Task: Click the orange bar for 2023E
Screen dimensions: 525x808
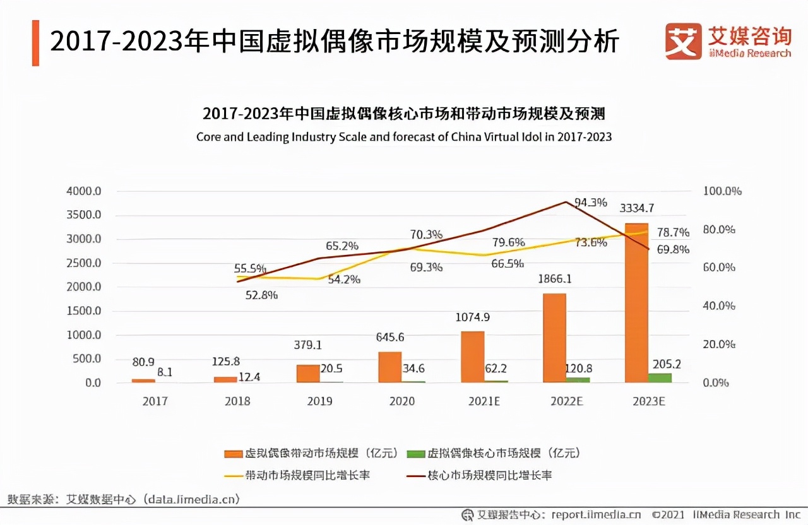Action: point(636,303)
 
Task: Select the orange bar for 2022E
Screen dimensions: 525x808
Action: point(554,338)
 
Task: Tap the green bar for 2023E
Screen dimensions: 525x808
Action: point(660,377)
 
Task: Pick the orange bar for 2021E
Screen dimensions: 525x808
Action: point(472,357)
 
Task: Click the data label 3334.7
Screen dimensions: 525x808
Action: point(637,208)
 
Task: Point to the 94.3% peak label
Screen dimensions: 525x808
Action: point(590,203)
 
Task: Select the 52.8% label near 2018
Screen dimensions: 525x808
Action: point(261,295)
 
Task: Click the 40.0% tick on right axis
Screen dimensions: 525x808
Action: point(719,306)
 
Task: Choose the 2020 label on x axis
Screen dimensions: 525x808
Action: point(402,401)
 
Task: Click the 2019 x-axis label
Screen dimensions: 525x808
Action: point(319,401)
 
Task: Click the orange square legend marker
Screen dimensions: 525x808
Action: point(234,454)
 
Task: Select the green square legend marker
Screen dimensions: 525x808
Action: point(416,454)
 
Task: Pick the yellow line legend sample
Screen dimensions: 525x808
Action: point(233,475)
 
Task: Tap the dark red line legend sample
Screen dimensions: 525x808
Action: point(415,475)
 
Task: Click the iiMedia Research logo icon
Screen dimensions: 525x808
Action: point(683,42)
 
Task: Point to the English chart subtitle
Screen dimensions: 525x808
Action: point(404,137)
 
